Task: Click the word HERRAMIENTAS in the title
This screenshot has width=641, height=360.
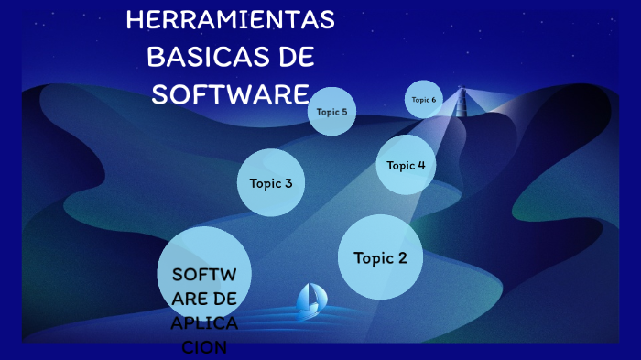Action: coord(230,20)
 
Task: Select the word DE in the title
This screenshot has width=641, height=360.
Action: coord(295,57)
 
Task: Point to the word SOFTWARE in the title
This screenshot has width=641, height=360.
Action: coord(230,93)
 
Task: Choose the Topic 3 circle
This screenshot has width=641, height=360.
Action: coord(271,183)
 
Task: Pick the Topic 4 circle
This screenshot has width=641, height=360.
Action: coord(406,166)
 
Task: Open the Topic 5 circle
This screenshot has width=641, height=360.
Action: coord(331,112)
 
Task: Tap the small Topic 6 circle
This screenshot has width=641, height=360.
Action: coord(424,100)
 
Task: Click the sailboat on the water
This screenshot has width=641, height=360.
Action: coord(311,300)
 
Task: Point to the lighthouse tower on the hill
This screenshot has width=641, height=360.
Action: coord(460,103)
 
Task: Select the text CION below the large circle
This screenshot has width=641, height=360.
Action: coord(203,348)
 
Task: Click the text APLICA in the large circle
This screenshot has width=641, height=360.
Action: coord(203,323)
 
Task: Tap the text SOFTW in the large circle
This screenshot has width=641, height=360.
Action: coord(203,275)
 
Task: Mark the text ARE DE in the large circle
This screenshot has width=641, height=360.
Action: coord(203,299)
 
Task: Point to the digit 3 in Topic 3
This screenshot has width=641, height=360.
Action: coord(288,183)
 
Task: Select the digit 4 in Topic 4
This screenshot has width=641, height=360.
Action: coord(421,166)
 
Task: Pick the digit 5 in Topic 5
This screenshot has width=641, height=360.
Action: coord(344,112)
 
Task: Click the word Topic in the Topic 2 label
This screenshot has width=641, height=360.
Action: coord(373,258)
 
